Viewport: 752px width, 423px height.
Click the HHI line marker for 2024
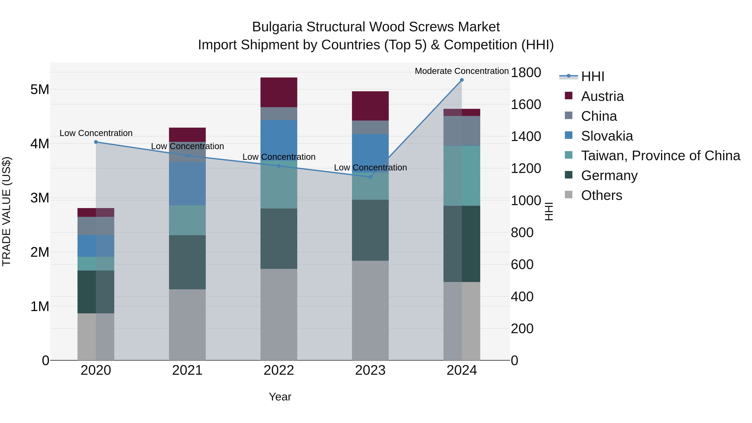pyautogui.click(x=461, y=80)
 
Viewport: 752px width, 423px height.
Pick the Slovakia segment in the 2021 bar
pyautogui.click(x=187, y=184)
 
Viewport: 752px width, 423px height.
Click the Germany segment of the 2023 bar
pyautogui.click(x=370, y=230)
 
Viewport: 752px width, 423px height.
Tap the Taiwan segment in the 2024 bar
pyautogui.click(x=461, y=176)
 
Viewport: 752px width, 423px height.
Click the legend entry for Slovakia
pyautogui.click(x=607, y=136)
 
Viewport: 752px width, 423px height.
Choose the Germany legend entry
pyautogui.click(x=609, y=176)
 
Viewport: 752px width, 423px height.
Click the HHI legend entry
pyautogui.click(x=592, y=76)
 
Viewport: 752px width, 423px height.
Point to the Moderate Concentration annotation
pyautogui.click(x=461, y=71)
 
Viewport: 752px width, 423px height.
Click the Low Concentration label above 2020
pyautogui.click(x=96, y=133)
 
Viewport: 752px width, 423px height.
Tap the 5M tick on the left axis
pyautogui.click(x=40, y=89)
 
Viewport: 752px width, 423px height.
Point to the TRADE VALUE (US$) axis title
pyautogui.click(x=6, y=211)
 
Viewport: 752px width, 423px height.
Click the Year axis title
pyautogui.click(x=280, y=397)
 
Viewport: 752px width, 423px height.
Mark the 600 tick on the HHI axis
pyautogui.click(x=522, y=264)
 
